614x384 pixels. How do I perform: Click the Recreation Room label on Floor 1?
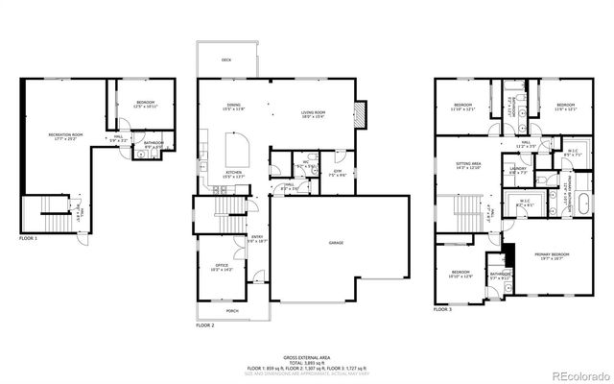66,137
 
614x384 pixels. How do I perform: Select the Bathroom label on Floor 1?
153,145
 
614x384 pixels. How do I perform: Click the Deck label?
226,60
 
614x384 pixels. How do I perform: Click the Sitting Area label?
467,167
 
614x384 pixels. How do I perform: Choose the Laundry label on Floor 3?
519,170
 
